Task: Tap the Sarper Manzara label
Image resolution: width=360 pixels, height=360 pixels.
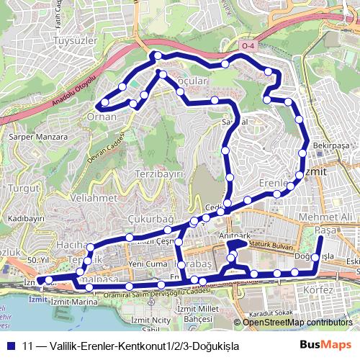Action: tap(32, 135)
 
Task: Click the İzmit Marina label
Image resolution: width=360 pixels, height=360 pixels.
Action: tap(74, 302)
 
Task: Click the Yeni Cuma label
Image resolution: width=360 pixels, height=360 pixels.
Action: tap(148, 264)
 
